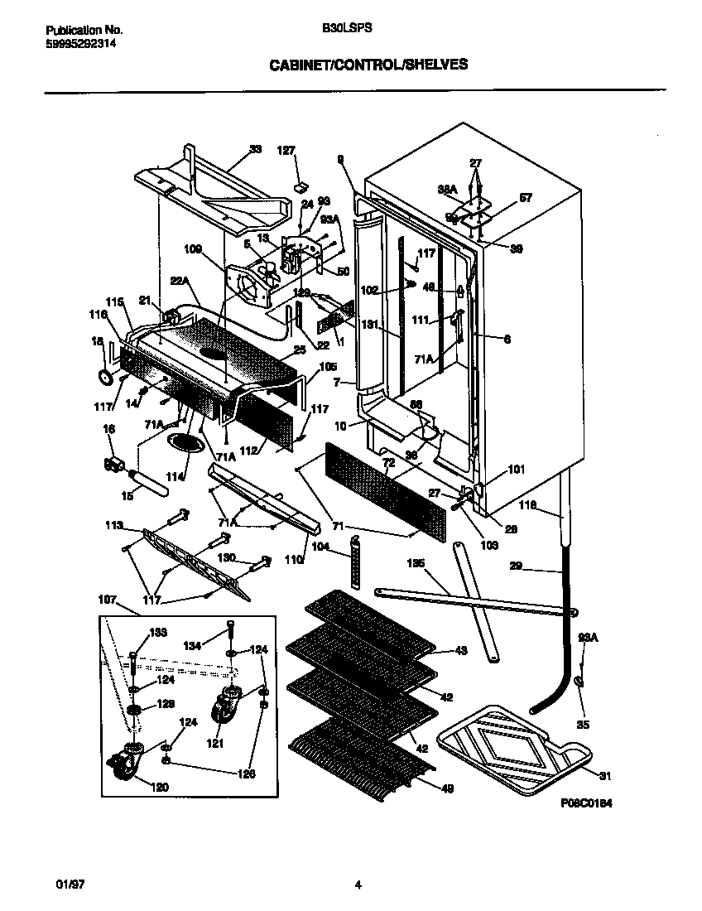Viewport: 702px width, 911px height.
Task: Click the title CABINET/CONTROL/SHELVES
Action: [x=368, y=64]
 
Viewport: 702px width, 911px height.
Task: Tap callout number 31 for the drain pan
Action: [x=605, y=775]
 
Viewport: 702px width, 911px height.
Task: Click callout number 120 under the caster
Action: [x=160, y=787]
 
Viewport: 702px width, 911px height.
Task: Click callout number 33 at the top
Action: [x=255, y=150]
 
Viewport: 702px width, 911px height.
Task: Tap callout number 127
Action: [x=286, y=151]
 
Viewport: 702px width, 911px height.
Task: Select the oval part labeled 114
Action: [x=183, y=443]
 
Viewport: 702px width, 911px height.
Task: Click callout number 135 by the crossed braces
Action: [x=416, y=563]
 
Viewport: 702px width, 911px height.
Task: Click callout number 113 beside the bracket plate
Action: [x=114, y=525]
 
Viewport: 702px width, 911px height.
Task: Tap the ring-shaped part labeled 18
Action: [x=105, y=378]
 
